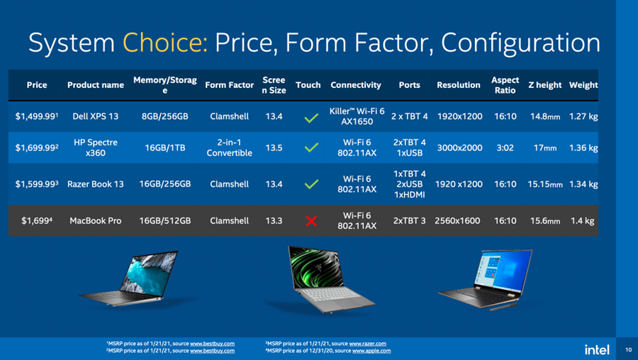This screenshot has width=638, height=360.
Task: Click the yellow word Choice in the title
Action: point(165,43)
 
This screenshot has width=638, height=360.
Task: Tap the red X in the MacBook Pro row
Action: point(311,221)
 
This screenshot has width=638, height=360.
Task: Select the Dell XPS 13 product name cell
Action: point(96,116)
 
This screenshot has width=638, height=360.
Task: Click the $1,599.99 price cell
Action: point(37,184)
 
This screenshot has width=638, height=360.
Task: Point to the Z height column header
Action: point(545,85)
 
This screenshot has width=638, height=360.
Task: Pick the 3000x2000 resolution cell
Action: point(460,147)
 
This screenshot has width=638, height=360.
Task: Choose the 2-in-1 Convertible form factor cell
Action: point(230,147)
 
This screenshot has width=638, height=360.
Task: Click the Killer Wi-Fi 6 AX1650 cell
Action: point(357,116)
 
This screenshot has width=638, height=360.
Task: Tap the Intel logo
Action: point(597,349)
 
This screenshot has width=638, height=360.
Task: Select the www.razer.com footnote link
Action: point(367,344)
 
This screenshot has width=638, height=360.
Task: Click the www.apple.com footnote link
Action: point(371,351)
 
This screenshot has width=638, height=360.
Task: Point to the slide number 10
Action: point(629,349)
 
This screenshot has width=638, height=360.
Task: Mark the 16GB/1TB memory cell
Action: point(165,147)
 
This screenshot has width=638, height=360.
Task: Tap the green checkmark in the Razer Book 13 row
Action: point(311,184)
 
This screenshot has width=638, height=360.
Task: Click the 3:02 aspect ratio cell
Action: point(505,147)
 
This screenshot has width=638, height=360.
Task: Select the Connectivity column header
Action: point(356,85)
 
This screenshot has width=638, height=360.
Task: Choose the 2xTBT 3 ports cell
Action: point(409,221)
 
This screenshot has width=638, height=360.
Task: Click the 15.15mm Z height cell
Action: point(545,184)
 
